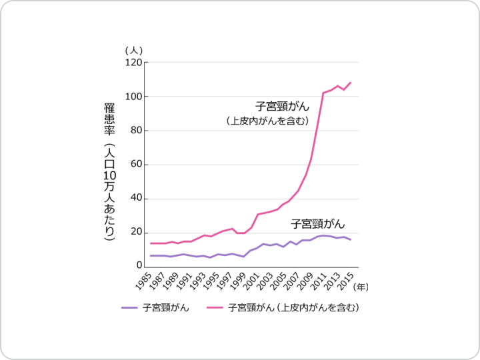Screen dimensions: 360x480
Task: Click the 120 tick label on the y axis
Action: pyautogui.click(x=133, y=63)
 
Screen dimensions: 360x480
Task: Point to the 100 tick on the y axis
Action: pyautogui.click(x=133, y=97)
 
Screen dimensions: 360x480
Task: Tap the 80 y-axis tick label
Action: pyautogui.click(x=135, y=131)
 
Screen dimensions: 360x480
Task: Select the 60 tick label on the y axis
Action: pyautogui.click(x=135, y=165)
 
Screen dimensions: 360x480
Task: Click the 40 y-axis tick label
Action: pyautogui.click(x=135, y=199)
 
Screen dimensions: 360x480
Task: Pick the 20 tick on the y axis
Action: pyautogui.click(x=135, y=233)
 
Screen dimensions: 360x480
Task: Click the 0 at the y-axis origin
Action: pyautogui.click(x=138, y=266)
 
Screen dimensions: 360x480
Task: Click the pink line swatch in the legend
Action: pyautogui.click(x=215, y=308)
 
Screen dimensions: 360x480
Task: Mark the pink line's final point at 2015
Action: pyautogui.click(x=351, y=83)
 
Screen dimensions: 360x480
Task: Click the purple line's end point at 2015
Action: pyautogui.click(x=351, y=239)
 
